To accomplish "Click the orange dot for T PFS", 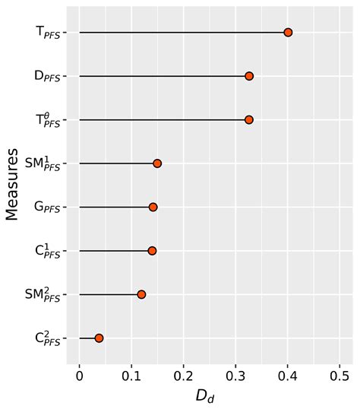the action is point(288,33).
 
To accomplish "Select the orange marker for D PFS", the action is point(249,76).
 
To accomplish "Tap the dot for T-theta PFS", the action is point(249,120).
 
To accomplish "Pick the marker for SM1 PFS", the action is point(157,163).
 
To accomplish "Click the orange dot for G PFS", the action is point(153,208).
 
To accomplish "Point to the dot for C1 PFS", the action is point(152,251).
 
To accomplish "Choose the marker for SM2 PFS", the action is point(141,295).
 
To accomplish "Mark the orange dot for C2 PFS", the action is point(99,338).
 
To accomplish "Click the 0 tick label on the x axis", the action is point(80,376).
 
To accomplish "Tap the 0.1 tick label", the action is point(131,376).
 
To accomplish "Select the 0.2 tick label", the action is point(184,376).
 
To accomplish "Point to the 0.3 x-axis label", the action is point(235,376).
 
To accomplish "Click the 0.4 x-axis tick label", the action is point(288,376).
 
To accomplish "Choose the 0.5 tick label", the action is point(339,376).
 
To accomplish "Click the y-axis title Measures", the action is point(12,185).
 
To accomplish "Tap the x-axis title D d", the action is point(205,397).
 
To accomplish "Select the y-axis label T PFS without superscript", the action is point(48,33).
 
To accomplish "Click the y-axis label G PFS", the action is point(47,208).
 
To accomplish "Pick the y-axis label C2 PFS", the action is point(48,338).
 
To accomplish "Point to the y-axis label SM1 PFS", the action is point(43,163).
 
